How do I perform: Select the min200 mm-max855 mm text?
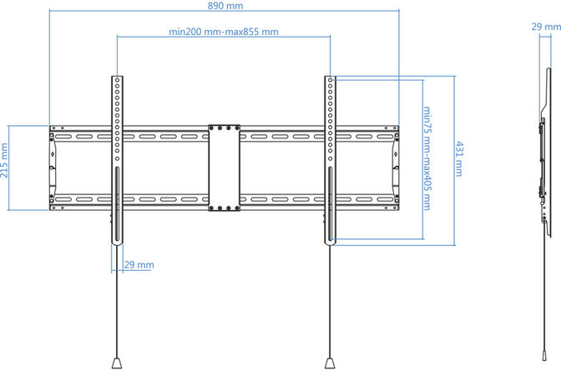click(224, 32)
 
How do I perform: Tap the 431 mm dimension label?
click(460, 159)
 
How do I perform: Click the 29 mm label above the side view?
click(540, 26)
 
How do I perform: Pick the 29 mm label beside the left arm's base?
click(139, 264)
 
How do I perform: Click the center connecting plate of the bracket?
click(224, 167)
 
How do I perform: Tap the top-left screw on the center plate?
click(214, 129)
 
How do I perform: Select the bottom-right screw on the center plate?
click(234, 206)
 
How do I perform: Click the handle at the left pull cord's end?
click(117, 362)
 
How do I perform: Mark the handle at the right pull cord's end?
click(331, 362)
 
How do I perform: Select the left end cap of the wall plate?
click(53, 167)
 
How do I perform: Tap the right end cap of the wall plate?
click(394, 167)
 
